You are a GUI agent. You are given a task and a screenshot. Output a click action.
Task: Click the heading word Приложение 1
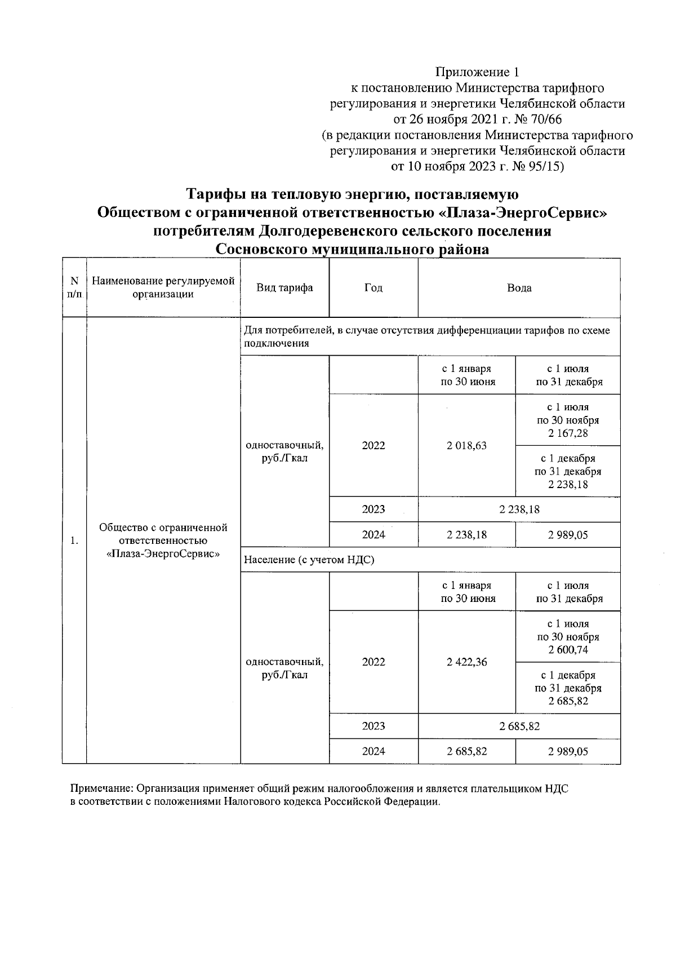click(x=477, y=72)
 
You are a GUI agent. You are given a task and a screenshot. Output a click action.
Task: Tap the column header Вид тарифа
click(x=284, y=287)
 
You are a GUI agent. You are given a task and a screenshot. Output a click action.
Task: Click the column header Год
click(x=373, y=287)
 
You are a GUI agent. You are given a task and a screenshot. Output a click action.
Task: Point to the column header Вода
click(x=519, y=287)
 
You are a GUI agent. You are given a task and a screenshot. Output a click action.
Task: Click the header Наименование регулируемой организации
click(x=163, y=287)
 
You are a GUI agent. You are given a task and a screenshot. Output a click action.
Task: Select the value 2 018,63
click(x=466, y=445)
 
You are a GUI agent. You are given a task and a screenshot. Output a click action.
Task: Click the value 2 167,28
click(x=568, y=433)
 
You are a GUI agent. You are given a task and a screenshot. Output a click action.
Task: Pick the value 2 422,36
click(x=466, y=662)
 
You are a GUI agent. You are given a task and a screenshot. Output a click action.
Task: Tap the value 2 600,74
click(x=568, y=650)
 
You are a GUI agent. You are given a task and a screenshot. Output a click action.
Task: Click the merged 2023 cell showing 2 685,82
click(x=519, y=726)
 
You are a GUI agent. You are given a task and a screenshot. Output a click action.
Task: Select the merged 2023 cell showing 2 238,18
click(x=519, y=509)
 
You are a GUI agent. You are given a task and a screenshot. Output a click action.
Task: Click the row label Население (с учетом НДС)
click(x=309, y=560)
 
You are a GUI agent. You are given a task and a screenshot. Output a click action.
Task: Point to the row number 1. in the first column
click(x=74, y=541)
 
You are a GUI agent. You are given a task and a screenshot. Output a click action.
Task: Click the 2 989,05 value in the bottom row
click(x=568, y=751)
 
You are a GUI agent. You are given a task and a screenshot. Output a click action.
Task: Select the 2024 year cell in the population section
click(x=373, y=751)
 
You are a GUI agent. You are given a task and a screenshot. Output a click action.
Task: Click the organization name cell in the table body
click(x=163, y=540)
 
